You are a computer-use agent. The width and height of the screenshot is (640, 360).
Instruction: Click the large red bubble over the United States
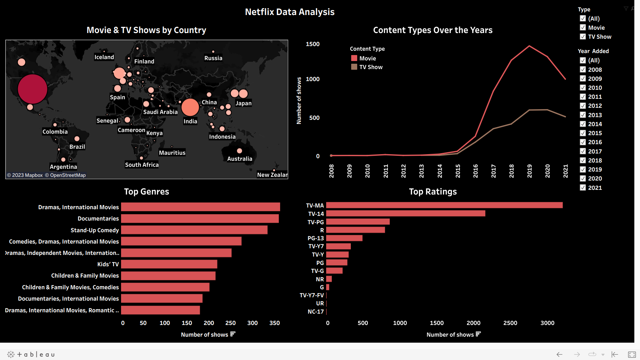pyautogui.click(x=32, y=89)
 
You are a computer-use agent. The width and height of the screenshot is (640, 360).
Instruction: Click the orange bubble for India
pyautogui.click(x=190, y=107)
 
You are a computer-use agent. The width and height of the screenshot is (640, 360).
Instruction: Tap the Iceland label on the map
pyautogui.click(x=104, y=57)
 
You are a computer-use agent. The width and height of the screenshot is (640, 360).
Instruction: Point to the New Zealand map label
pyautogui.click(x=272, y=175)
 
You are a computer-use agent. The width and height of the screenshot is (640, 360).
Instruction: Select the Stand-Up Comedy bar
pyautogui.click(x=194, y=230)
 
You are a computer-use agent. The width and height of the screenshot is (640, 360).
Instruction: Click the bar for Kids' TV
pyautogui.click(x=169, y=264)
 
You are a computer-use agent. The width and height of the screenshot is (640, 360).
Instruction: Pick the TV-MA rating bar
pyautogui.click(x=444, y=205)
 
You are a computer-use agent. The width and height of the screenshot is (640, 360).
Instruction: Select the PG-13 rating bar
pyautogui.click(x=344, y=238)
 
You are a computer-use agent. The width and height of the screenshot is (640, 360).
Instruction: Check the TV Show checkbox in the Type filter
pyautogui.click(x=583, y=37)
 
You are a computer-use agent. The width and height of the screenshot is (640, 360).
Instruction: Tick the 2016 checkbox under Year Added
pyautogui.click(x=583, y=142)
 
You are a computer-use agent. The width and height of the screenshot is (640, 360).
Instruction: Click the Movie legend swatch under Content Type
pyautogui.click(x=354, y=58)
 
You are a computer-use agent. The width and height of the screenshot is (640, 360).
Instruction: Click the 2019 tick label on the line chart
pyautogui.click(x=530, y=171)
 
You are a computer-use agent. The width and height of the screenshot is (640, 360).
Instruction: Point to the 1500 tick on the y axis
pyautogui.click(x=312, y=44)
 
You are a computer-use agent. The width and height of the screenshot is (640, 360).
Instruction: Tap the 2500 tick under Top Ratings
pyautogui.click(x=510, y=323)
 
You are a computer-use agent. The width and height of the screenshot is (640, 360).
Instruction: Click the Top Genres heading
pyautogui.click(x=146, y=192)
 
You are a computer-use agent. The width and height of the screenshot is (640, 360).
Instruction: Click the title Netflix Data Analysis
pyautogui.click(x=289, y=12)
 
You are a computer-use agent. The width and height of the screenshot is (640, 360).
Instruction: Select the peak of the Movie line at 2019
pyautogui.click(x=530, y=46)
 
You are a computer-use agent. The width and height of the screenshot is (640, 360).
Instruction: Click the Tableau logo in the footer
pyautogui.click(x=31, y=354)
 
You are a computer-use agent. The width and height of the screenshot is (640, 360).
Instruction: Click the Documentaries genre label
pyautogui.click(x=98, y=219)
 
